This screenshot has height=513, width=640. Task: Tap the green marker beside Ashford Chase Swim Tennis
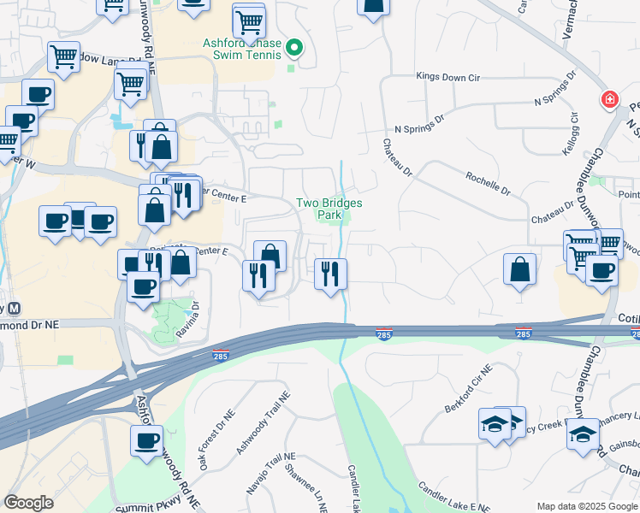click(x=295, y=47)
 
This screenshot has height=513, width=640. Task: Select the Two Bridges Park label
click(x=329, y=209)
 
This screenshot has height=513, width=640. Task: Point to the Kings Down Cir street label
click(x=447, y=77)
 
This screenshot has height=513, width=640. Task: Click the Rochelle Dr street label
click(x=488, y=181)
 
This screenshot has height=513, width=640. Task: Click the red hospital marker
click(x=609, y=99)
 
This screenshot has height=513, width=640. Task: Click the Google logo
click(x=28, y=502)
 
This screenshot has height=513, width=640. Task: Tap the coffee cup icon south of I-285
click(x=146, y=441)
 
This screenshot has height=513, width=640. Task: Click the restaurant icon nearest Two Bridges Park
click(x=330, y=274)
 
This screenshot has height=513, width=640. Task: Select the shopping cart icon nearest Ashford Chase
click(x=249, y=20)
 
